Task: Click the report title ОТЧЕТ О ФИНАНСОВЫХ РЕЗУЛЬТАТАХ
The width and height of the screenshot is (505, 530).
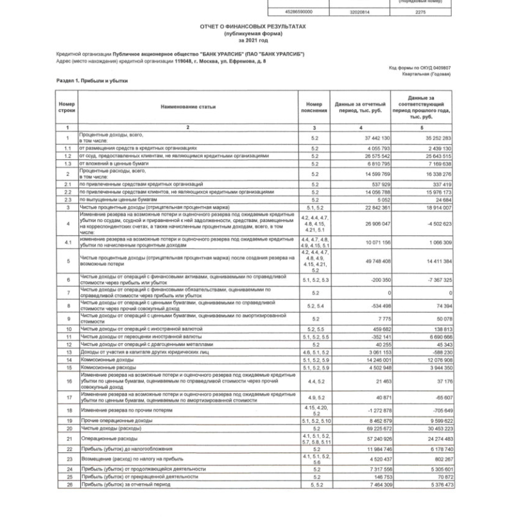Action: [x=252, y=27]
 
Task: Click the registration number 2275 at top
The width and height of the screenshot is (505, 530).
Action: [x=420, y=12]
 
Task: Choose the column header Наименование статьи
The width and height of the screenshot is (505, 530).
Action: [x=188, y=107]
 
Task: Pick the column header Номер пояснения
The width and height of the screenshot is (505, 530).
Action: [x=314, y=107]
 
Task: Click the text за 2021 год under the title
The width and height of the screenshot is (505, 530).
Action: [x=252, y=39]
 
